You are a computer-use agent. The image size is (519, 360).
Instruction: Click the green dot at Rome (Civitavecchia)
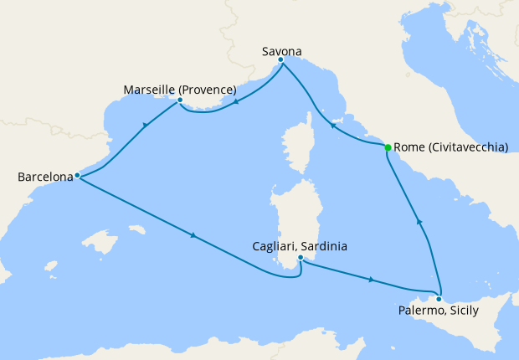[388, 147]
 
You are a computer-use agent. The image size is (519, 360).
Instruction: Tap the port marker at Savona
[280, 59]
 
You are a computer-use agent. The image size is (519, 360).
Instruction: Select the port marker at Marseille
[180, 100]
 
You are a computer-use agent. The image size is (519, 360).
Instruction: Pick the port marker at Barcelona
[77, 176]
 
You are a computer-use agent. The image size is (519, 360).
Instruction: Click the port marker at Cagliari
[300, 258]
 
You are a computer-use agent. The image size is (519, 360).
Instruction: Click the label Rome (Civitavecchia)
[450, 147]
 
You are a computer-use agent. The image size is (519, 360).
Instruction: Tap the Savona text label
[280, 49]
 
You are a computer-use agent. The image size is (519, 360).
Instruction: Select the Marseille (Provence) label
[179, 90]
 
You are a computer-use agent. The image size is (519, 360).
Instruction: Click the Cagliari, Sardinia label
[300, 247]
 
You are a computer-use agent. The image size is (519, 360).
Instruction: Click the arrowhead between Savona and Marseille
[237, 103]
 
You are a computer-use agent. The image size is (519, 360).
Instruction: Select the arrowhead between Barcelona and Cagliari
[193, 235]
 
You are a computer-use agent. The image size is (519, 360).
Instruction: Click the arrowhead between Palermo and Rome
[420, 222]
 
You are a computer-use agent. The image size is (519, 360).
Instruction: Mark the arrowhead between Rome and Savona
[332, 127]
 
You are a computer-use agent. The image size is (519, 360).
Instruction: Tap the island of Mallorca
[104, 244]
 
